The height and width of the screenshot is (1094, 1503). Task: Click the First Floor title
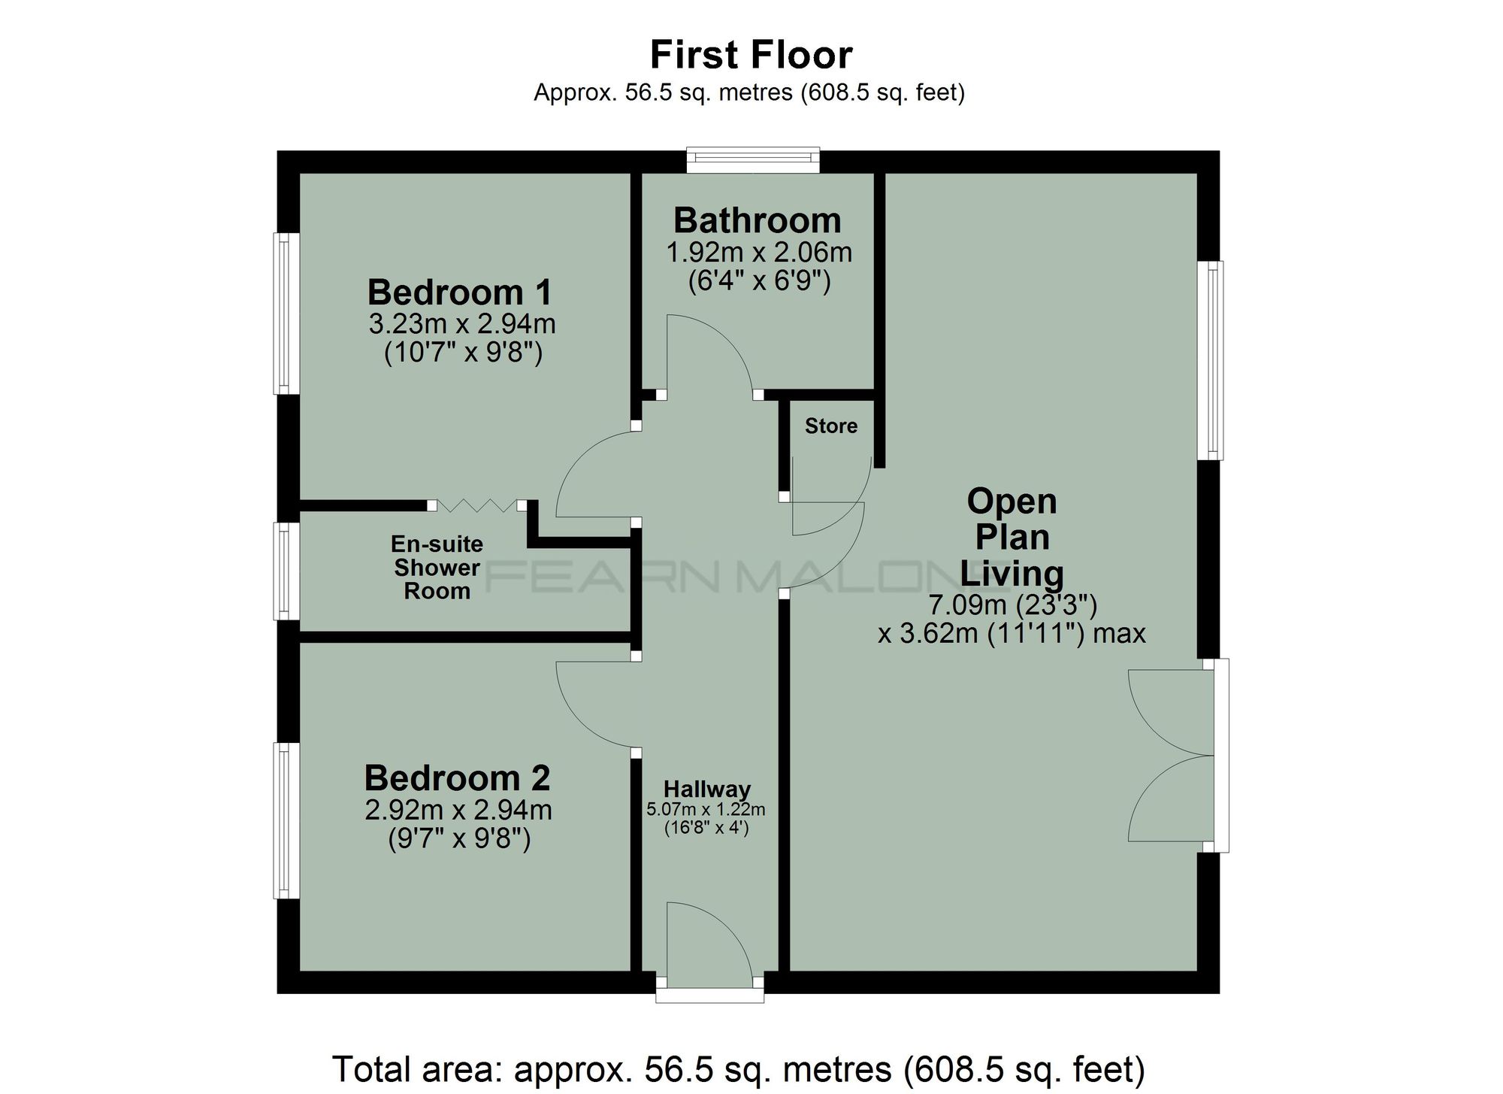coord(751,55)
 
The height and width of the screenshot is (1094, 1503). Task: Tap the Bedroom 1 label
coord(459,292)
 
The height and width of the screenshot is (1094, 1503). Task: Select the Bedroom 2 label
coord(457,777)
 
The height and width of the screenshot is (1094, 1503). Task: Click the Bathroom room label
coord(757,220)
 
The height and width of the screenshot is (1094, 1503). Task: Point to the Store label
coord(830,426)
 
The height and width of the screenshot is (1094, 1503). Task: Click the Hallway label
coord(706,789)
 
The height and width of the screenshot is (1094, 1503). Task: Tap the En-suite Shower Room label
coord(437,567)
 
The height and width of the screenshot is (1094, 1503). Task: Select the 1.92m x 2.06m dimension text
coord(759,252)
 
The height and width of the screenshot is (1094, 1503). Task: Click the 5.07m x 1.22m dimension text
coord(706,809)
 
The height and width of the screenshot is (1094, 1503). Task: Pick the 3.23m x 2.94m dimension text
coord(461,324)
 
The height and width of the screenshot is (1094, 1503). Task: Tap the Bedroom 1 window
coord(285,314)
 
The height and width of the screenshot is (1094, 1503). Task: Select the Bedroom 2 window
coord(285,820)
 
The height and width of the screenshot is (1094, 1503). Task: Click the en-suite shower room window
coord(285,571)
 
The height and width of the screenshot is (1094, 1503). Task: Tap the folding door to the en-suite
coord(476,505)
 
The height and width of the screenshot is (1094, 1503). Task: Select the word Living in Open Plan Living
coord(1012,573)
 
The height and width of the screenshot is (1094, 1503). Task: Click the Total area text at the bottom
coord(738,1068)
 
